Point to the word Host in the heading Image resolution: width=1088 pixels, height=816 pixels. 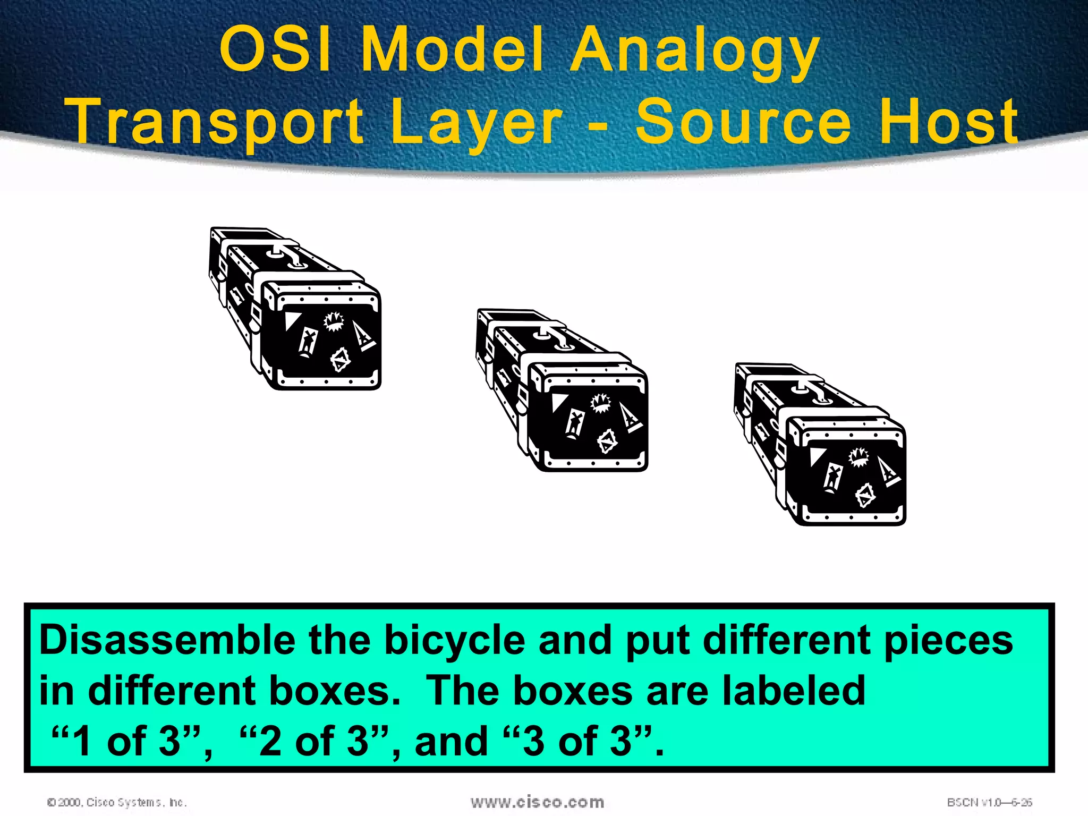[x=949, y=122]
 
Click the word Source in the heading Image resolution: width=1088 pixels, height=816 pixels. [x=744, y=122]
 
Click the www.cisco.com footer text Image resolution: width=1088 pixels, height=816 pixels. [x=537, y=802]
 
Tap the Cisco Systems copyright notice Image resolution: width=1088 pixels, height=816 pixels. [x=117, y=802]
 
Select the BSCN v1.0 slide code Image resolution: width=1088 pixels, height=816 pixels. [x=989, y=802]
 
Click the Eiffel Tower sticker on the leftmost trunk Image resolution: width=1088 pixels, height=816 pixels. [x=363, y=336]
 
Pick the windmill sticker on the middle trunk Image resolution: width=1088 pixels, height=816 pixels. [x=574, y=423]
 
